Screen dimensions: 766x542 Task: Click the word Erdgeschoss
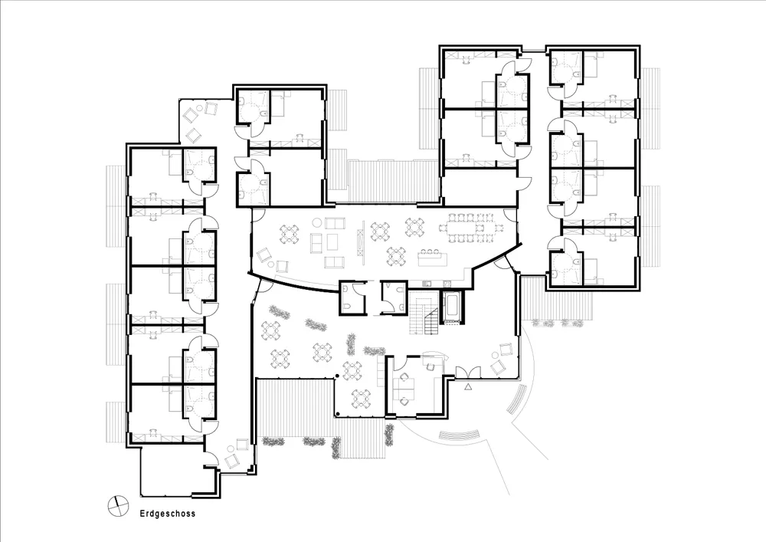pyautogui.click(x=168, y=514)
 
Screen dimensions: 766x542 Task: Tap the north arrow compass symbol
pyautogui.click(x=118, y=506)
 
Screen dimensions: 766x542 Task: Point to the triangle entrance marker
pyautogui.click(x=469, y=388)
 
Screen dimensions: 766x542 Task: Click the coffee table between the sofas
pyautogui.click(x=332, y=241)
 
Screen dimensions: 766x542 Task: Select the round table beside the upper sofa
pyautogui.click(x=316, y=223)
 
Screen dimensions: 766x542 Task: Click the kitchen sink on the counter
pyautogui.click(x=427, y=284)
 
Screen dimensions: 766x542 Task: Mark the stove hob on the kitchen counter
pyautogui.click(x=447, y=284)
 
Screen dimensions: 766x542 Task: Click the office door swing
pyautogui.click(x=400, y=363)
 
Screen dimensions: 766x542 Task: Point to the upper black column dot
pyautogui.click(x=336, y=376)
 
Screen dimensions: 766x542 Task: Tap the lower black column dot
pyautogui.click(x=337, y=415)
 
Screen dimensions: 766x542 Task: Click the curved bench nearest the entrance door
pyautogui.click(x=516, y=399)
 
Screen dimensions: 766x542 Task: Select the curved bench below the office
pyautogui.click(x=459, y=435)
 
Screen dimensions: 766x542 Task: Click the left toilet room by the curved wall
pyautogui.click(x=352, y=297)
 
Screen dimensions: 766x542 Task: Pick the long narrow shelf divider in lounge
pyautogui.click(x=362, y=241)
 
